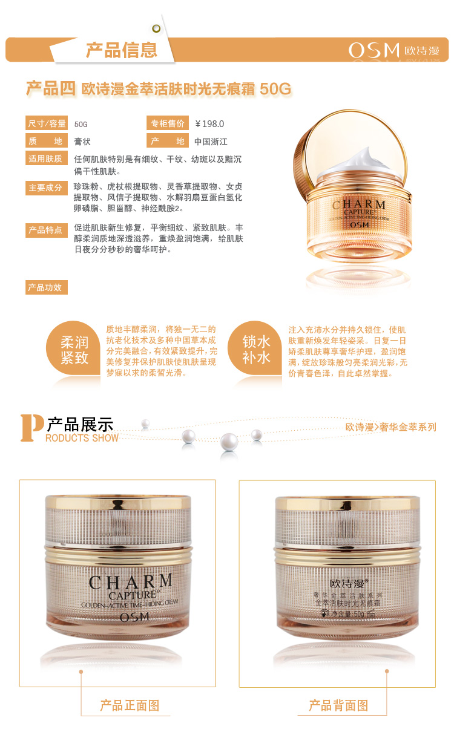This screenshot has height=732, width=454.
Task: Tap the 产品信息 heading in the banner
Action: point(122,50)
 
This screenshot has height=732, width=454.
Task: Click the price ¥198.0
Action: point(209,124)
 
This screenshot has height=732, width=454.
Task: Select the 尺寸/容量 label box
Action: point(47,123)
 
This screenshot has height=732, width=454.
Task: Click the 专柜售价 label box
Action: point(168,123)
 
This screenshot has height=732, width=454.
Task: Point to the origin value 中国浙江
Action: point(211,142)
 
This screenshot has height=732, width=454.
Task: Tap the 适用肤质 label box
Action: point(47,158)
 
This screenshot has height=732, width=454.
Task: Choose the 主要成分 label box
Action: point(47,188)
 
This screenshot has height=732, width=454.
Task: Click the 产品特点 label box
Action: point(47,230)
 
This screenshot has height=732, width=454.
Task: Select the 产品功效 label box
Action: point(47,287)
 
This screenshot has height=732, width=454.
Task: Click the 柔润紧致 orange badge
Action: point(73,348)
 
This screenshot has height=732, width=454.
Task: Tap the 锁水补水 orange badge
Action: point(255,348)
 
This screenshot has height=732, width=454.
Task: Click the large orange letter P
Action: point(31,428)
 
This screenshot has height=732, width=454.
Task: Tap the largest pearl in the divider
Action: point(229,442)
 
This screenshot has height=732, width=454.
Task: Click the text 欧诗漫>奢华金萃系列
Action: point(391,426)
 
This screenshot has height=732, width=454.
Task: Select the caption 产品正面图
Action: point(130,705)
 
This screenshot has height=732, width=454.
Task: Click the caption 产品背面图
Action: point(338,705)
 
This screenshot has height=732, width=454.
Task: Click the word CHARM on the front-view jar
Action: point(131,582)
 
